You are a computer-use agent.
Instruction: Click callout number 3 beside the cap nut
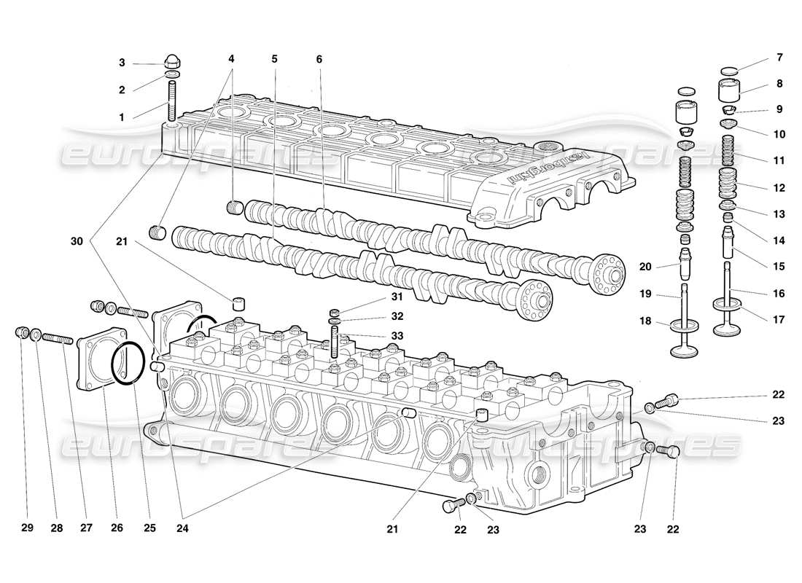(x=122, y=63)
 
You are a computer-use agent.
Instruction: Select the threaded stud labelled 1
(x=173, y=101)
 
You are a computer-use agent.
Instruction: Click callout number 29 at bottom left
(x=27, y=529)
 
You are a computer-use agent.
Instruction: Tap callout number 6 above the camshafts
(x=319, y=59)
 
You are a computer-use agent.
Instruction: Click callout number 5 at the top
(x=275, y=59)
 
